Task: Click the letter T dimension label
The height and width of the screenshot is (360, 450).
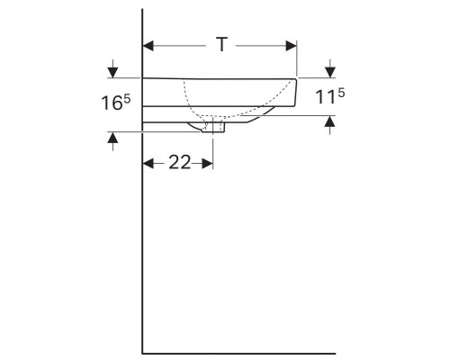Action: tap(221, 44)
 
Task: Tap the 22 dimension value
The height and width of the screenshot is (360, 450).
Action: tap(178, 163)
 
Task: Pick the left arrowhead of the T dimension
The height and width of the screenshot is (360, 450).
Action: tap(149, 44)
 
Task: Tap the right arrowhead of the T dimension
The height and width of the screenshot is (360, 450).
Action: tap(292, 44)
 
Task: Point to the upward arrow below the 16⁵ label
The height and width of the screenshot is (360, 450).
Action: tap(112, 138)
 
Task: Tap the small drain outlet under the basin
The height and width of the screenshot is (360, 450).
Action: tap(217, 127)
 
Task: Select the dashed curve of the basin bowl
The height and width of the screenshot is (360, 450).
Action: tap(191, 103)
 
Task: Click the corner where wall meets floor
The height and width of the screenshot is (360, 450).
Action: tap(143, 352)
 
